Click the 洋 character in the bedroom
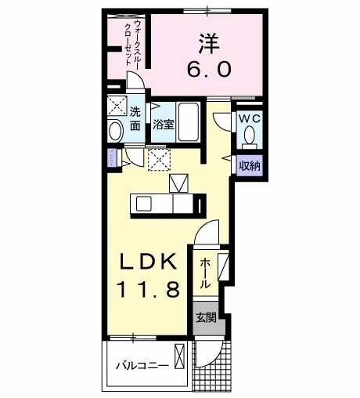coord(207,41)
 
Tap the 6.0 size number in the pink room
coord(208,70)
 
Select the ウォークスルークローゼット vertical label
coord(131,49)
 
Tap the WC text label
coord(249,118)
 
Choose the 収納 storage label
coord(250,165)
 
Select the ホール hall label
coord(204,272)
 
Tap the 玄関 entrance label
coord(207,318)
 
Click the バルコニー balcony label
coord(142,365)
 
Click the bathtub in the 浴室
coord(189,121)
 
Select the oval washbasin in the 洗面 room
coord(115,132)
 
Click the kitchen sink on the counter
coord(146,204)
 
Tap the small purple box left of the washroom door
coord(112,156)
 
